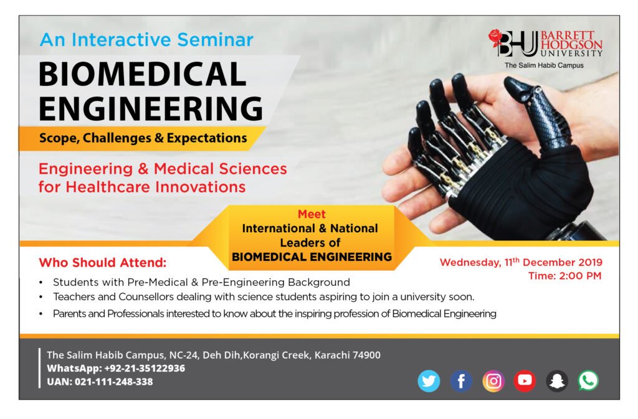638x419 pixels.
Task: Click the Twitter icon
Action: click(x=429, y=381)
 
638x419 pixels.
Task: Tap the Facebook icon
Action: click(x=461, y=381)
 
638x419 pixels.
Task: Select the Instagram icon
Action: click(x=493, y=381)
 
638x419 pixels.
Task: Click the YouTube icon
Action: click(x=525, y=381)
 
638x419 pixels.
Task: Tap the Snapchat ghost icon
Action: click(x=556, y=381)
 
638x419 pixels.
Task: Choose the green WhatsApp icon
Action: click(x=588, y=381)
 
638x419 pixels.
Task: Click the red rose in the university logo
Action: click(x=495, y=37)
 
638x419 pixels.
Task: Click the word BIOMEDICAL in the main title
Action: click(x=143, y=74)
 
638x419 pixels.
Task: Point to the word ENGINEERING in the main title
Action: click(x=151, y=108)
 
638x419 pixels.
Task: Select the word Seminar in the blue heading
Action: click(x=215, y=40)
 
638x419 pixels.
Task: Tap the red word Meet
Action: click(x=312, y=214)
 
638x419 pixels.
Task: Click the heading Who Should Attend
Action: click(x=103, y=263)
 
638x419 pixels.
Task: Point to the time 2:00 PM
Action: click(x=580, y=276)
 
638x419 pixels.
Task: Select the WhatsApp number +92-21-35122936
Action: click(x=145, y=368)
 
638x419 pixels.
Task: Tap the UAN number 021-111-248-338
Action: click(x=114, y=382)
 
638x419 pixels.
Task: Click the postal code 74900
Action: click(x=366, y=355)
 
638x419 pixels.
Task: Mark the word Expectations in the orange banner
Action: click(x=207, y=138)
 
